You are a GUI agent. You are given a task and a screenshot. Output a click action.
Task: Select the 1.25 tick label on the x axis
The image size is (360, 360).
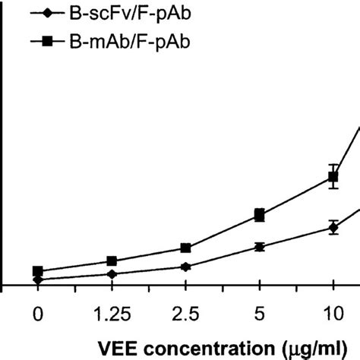tap(111, 313)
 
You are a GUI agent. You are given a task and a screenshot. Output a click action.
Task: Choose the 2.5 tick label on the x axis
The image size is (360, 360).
tap(185, 313)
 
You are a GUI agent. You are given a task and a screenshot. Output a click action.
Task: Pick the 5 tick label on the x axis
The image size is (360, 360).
tap(259, 313)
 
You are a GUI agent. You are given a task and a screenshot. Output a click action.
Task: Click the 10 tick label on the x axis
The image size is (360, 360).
tap(333, 313)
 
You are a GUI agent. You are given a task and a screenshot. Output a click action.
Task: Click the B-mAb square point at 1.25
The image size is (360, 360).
tap(112, 261)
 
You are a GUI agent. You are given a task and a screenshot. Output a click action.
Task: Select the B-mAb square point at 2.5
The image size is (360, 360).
tap(185, 248)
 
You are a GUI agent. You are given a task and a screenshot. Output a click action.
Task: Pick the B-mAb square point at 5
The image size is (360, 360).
tap(259, 216)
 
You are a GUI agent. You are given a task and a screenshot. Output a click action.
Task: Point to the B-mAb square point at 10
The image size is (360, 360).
tap(333, 177)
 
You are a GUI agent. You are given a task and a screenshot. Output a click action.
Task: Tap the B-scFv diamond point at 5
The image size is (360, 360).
tap(259, 246)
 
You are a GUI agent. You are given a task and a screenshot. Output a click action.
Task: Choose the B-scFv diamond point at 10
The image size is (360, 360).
tap(333, 226)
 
